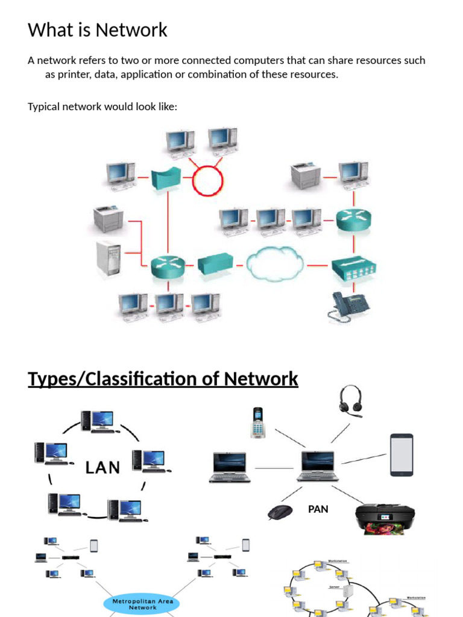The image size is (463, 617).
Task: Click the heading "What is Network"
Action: tap(98, 30)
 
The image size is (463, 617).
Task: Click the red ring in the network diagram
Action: tap(207, 180)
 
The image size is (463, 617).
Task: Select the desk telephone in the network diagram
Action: tap(349, 306)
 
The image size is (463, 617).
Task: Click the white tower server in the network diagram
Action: tap(109, 258)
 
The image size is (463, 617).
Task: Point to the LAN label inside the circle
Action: tap(102, 467)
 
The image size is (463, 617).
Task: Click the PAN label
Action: tap(318, 509)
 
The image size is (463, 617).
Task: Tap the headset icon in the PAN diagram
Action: tap(351, 402)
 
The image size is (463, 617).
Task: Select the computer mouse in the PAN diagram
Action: tap(280, 512)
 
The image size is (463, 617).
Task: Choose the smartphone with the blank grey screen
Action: tap(402, 455)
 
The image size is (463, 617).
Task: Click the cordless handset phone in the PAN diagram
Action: tap(258, 422)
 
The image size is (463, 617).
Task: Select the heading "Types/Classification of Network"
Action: tap(163, 379)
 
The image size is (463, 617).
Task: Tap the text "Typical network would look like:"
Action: tap(102, 107)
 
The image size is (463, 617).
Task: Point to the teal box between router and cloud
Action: tap(215, 264)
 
